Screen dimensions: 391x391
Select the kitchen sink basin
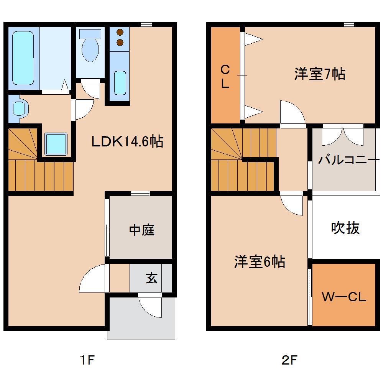(120, 82)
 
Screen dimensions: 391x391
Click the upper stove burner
(120, 33)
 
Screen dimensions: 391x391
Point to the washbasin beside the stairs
(19, 108)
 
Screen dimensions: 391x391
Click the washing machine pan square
(56, 144)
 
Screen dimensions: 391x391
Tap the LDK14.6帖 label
(127, 142)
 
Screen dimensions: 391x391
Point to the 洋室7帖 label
(320, 74)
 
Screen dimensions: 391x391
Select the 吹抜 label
(345, 228)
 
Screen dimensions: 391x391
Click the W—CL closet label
(344, 297)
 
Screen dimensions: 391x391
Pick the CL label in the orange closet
(225, 77)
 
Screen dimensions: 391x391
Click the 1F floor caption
(87, 360)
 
